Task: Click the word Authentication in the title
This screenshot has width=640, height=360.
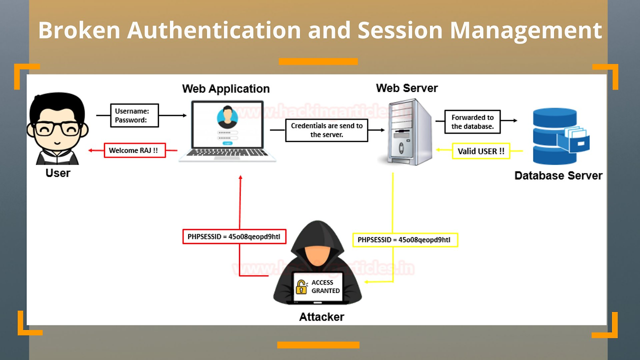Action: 213,30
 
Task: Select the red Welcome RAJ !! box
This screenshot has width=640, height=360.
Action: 134,150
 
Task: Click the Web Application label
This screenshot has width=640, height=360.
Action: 225,89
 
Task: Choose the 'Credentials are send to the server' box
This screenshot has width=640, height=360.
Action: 326,130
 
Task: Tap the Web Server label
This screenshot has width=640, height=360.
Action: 406,88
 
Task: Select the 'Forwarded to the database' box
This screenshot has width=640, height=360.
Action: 472,122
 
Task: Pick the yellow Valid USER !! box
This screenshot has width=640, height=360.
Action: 480,151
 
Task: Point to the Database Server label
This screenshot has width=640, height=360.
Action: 558,175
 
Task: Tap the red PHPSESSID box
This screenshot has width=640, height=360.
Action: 234,236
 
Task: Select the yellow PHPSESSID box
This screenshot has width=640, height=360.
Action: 404,240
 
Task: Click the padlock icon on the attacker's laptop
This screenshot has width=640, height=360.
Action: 301,287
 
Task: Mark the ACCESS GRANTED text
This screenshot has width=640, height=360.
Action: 325,286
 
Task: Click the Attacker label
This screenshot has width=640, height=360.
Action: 321,316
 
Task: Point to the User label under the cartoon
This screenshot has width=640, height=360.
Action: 58,173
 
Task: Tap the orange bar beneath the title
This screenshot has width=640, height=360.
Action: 318,61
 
